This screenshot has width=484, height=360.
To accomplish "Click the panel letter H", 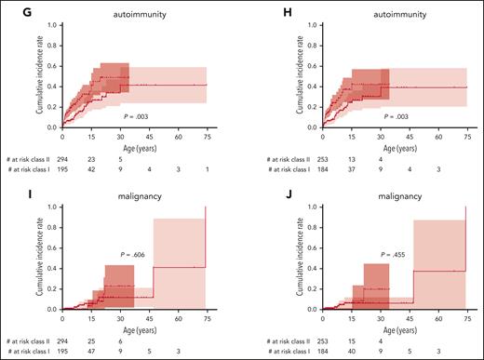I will pos(252,7).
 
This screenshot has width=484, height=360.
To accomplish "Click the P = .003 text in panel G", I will pos(134,116).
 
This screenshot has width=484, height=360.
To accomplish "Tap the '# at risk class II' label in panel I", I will pos(31,341).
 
